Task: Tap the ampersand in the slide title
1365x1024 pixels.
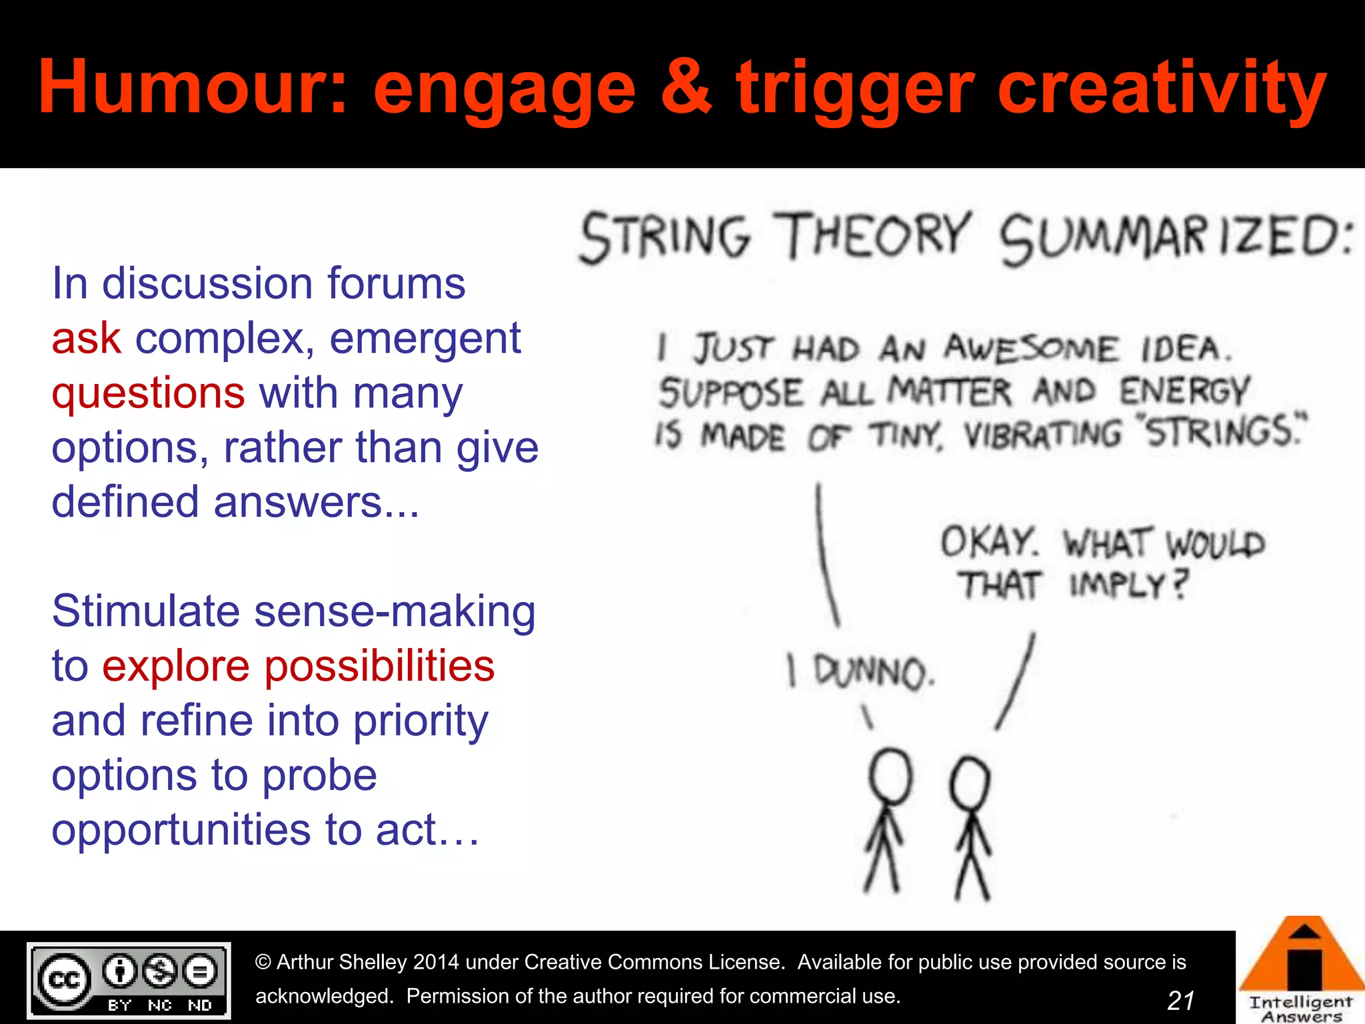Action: (x=687, y=87)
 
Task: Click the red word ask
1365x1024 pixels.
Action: (x=86, y=338)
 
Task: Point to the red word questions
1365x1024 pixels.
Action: (x=148, y=393)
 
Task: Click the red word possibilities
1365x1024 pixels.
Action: (x=380, y=666)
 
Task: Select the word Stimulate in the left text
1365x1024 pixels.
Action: (x=145, y=611)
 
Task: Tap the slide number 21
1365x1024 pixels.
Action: (x=1181, y=1000)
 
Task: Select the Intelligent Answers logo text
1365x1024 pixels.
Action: (x=1300, y=1009)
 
